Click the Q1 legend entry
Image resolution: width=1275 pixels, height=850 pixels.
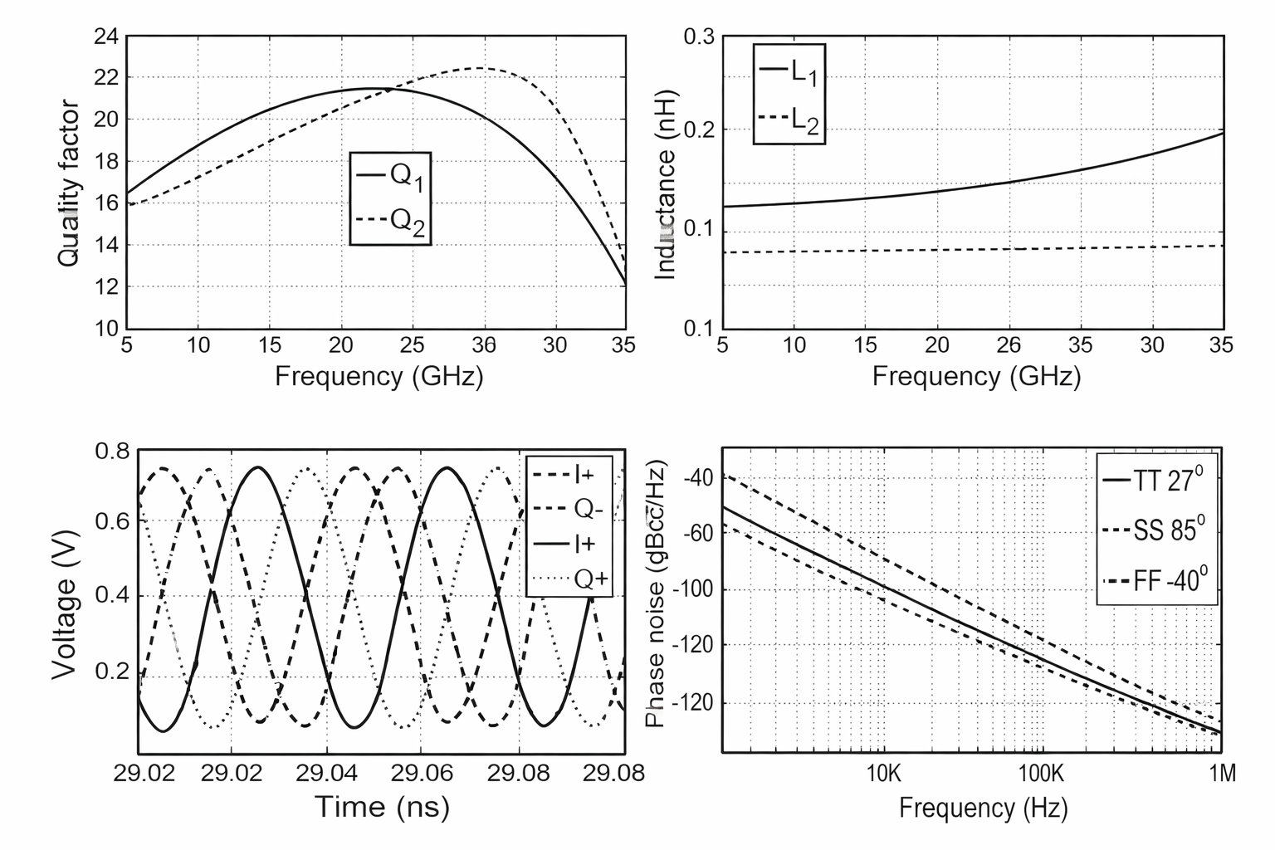coord(391,176)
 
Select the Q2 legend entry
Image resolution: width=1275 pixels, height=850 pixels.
coord(391,220)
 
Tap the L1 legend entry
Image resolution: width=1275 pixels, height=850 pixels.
coord(789,73)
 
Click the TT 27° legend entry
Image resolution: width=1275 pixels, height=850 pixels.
coord(1157,481)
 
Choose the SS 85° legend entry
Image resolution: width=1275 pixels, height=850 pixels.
coord(1157,530)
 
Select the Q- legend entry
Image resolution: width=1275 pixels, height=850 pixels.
coord(569,509)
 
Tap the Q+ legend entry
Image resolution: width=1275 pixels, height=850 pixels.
coord(569,579)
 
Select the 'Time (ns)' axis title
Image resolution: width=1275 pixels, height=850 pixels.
coord(381,806)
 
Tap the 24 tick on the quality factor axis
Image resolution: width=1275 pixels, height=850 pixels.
coord(109,37)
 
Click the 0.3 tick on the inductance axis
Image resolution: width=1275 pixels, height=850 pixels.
coord(700,37)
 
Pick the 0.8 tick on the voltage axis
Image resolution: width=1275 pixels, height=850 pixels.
coord(112,452)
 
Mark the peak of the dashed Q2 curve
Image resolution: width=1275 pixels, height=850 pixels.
coord(481,68)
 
